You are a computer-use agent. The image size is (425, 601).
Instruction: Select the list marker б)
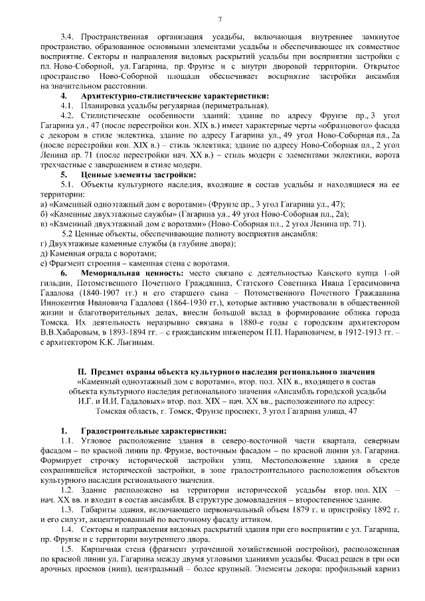pyautogui.click(x=44, y=214)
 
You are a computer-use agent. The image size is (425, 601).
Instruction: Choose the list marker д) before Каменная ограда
pyautogui.click(x=44, y=254)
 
